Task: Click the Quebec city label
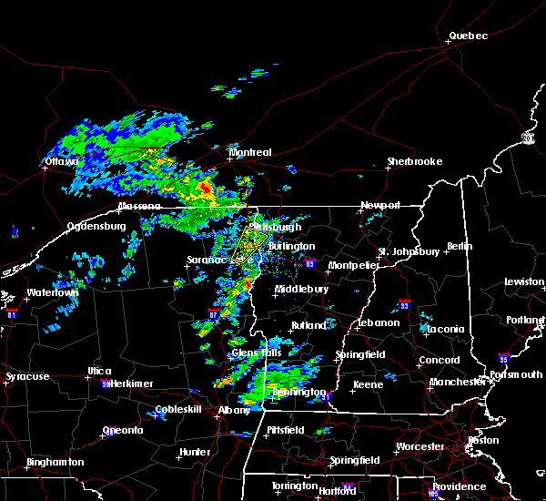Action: point(468,36)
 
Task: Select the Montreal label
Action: point(250,152)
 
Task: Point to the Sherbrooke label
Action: point(414,162)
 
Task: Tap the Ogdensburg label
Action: point(95,226)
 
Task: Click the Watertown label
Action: point(52,293)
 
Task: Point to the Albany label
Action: point(234,411)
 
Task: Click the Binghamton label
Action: point(55,462)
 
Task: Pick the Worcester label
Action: point(420,446)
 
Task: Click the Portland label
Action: point(527,320)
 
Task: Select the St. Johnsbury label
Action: point(409,251)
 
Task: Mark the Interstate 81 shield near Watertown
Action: point(12,312)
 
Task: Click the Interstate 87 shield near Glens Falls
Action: point(212,313)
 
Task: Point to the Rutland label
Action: point(308,325)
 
